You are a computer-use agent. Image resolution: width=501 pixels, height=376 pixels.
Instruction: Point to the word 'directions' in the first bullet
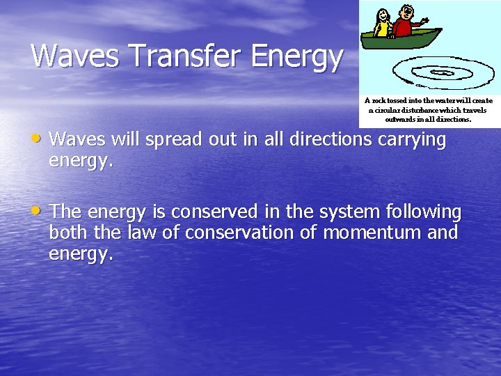(x=331, y=139)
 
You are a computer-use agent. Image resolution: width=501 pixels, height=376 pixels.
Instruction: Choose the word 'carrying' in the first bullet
(x=412, y=141)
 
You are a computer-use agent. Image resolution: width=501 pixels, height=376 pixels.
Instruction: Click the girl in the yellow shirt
(x=382, y=25)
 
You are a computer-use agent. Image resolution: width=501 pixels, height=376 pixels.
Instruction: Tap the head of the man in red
(x=407, y=12)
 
